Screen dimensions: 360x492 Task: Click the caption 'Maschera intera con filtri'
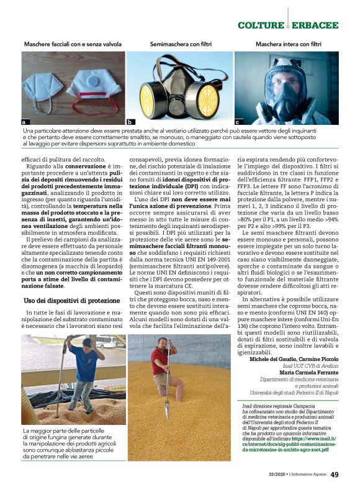[x=289, y=45]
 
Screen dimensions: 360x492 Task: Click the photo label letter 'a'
[x=24, y=122]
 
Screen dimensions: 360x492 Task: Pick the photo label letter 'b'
[x=130, y=122]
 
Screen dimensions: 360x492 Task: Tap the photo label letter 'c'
[x=238, y=122]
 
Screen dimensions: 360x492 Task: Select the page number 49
[x=334, y=475]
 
